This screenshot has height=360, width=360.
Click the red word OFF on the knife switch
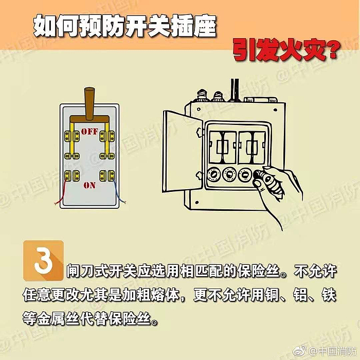pos(89,131)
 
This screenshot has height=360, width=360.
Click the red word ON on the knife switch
pos(89,185)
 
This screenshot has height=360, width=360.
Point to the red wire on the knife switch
pos(61,192)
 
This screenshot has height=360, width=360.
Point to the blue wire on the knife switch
pos(119,192)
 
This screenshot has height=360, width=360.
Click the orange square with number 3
pos(43,261)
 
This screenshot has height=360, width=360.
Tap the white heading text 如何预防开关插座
pos(124,26)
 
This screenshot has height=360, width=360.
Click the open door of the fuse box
pos(183,152)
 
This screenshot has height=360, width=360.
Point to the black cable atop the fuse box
pos(235,90)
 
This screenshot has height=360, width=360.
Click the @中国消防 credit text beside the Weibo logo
pos(333,351)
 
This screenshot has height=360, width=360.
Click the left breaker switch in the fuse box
pos(223,148)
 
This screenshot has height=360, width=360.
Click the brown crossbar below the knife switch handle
pos(89,119)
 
